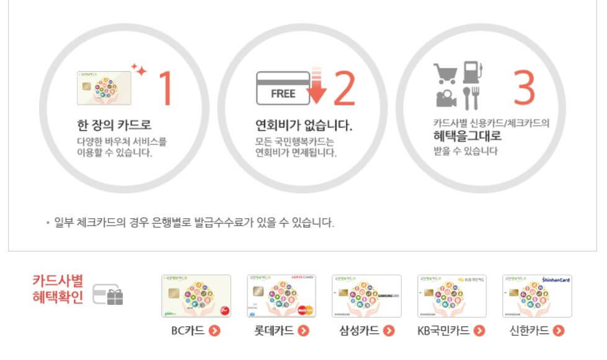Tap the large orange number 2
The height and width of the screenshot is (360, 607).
[344, 89]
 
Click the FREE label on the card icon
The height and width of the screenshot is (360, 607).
[283, 94]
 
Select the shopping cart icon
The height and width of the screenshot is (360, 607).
[446, 73]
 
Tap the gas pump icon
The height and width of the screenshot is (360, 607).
[474, 72]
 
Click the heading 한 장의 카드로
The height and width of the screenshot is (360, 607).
[111, 125]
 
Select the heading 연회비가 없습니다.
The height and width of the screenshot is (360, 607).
[299, 125]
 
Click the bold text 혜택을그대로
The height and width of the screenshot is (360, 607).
[467, 136]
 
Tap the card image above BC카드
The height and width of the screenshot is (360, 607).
[196, 296]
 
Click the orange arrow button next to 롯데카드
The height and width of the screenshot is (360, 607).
[303, 330]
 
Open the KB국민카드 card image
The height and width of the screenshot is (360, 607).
[452, 296]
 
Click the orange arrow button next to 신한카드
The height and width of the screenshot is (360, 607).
[559, 330]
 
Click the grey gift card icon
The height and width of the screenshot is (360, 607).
[108, 295]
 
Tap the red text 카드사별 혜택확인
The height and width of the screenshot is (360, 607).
[58, 289]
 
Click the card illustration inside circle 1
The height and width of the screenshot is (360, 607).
[104, 87]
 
